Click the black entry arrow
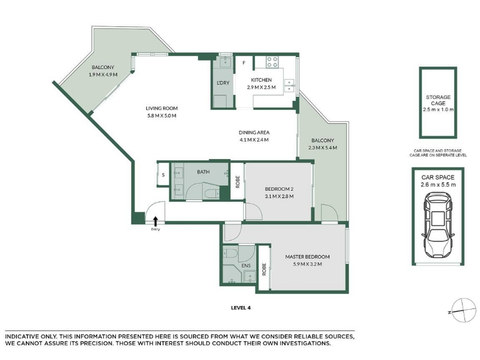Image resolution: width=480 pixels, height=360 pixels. click(155, 221)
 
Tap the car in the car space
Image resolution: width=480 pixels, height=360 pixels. click(438, 225)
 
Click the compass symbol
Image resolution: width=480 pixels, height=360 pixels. click(463, 310)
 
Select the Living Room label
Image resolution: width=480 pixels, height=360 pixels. click(161, 108)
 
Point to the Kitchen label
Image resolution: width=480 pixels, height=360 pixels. click(261, 80)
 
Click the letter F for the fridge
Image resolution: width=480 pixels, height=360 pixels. click(244, 63)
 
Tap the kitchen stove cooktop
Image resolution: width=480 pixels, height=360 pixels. click(272, 62)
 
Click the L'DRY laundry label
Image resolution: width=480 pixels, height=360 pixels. click(223, 83)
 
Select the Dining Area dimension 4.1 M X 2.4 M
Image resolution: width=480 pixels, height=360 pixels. click(254, 140)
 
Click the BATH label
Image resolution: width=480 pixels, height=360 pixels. click(203, 172)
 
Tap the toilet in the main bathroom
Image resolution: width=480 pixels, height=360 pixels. click(212, 193)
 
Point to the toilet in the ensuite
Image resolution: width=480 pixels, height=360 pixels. click(230, 253)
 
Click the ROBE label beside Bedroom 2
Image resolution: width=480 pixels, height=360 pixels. click(238, 182)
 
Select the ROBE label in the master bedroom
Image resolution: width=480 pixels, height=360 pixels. click(264, 269)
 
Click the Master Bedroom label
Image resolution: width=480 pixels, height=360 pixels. click(307, 257)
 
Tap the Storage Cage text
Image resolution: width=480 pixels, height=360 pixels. click(438, 100)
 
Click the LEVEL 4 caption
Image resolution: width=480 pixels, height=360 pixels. click(241, 308)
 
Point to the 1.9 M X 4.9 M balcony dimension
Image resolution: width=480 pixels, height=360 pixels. click(103, 74)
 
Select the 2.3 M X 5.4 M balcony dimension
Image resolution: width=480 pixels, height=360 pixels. click(323, 148)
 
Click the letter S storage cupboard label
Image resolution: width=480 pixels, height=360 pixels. click(163, 175)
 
